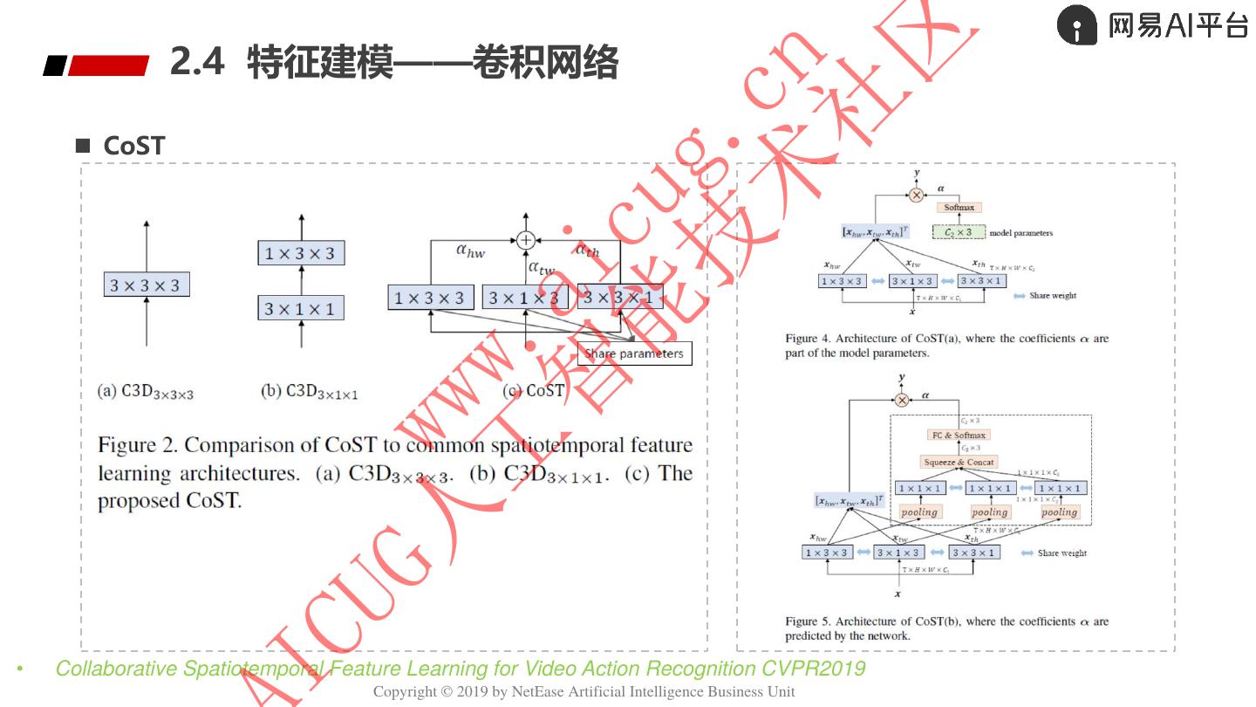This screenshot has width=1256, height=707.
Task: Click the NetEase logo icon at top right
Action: click(1076, 25)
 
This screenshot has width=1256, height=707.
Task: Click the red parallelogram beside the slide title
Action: click(108, 65)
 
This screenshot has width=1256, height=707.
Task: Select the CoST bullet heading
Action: click(133, 146)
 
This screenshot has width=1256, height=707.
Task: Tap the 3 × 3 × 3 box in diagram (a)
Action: click(146, 285)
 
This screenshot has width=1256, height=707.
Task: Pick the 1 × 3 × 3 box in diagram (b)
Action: click(301, 253)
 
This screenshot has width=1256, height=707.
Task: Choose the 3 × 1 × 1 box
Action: click(301, 308)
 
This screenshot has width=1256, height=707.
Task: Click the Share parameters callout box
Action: click(634, 353)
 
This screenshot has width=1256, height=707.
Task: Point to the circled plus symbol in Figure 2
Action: click(525, 239)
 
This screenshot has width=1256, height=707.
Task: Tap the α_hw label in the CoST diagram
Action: click(471, 251)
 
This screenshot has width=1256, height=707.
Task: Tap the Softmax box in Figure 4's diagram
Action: click(959, 208)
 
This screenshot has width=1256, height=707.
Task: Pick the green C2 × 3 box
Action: click(959, 233)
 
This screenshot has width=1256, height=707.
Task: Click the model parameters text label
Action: click(1020, 233)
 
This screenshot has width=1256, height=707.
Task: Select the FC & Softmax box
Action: click(959, 435)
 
